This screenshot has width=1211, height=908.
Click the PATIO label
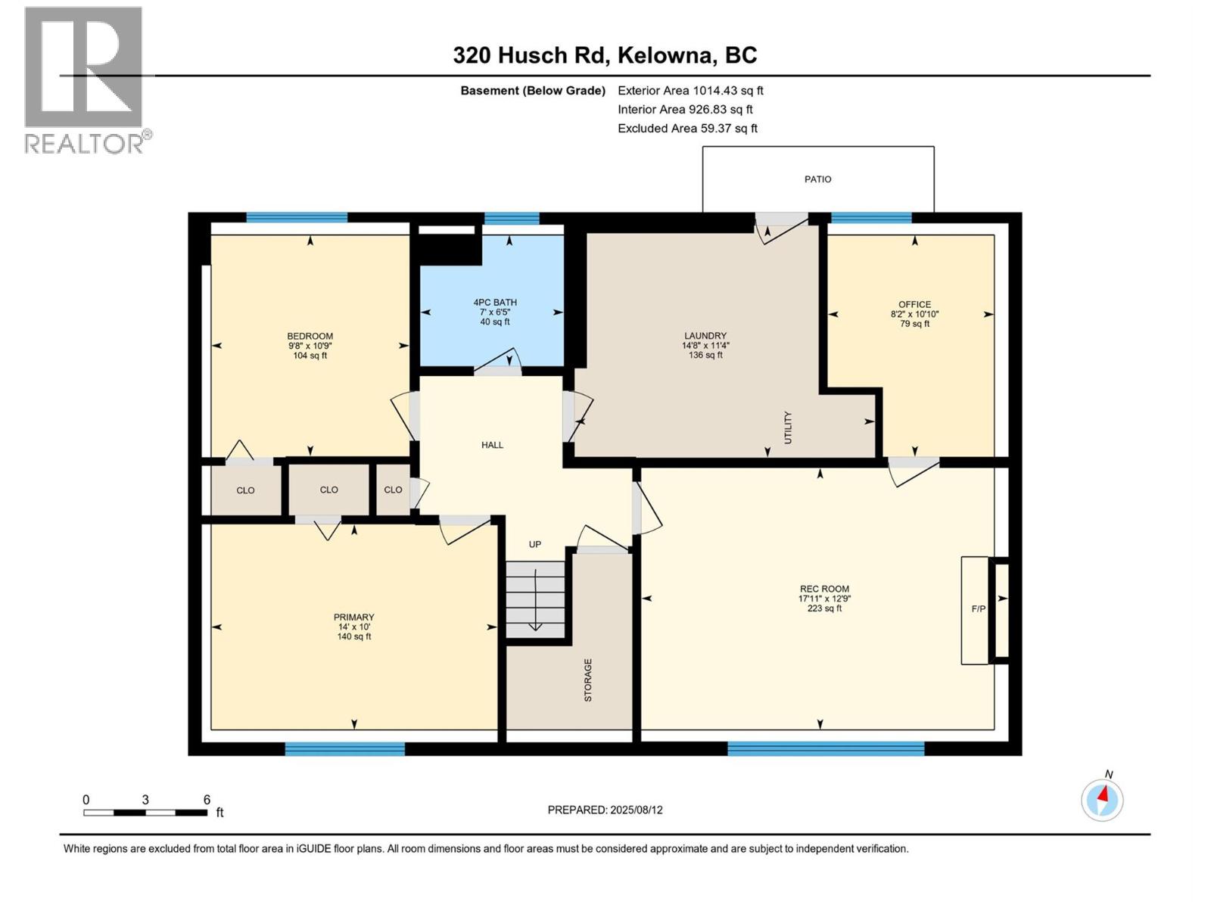[817, 179]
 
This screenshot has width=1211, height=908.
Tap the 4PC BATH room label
[495, 302]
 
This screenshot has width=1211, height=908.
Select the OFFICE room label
[914, 304]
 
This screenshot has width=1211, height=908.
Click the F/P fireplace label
[978, 609]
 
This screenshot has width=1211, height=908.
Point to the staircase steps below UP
[535, 599]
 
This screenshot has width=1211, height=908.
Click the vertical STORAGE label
[588, 679]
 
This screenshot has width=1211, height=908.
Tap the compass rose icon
[1102, 799]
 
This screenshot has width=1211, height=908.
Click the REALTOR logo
[84, 79]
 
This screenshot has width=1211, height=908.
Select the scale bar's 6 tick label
[207, 800]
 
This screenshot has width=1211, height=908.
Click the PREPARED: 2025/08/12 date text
[605, 810]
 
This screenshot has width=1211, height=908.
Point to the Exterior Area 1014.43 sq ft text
[690, 91]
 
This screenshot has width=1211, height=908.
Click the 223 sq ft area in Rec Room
[824, 608]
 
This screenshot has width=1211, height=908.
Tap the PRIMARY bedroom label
[354, 617]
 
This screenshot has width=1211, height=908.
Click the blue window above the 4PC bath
[512, 219]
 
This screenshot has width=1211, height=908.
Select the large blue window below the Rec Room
[826, 748]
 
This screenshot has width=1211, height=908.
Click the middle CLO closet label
[328, 490]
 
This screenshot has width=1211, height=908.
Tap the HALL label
[492, 445]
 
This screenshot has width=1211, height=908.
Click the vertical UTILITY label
[788, 428]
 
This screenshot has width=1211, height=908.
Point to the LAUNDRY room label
[705, 335]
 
